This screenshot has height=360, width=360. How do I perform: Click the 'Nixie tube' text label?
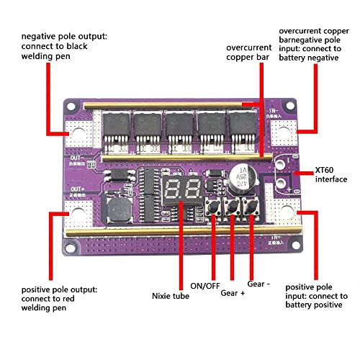171,295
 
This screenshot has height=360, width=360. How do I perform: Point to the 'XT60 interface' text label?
330,174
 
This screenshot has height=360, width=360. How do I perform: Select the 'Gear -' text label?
260,284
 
